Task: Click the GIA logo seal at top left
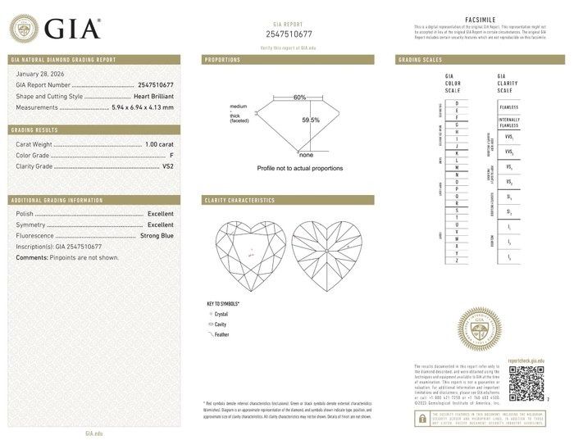click(24, 29)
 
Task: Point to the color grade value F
click(171, 155)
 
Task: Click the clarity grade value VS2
click(168, 166)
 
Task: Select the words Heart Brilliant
click(153, 96)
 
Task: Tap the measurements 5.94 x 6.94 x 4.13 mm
click(142, 107)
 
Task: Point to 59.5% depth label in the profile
click(311, 120)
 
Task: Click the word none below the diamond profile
click(306, 155)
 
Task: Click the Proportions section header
click(223, 60)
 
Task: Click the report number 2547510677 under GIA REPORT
click(289, 34)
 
